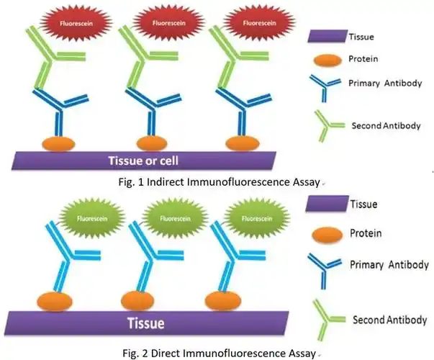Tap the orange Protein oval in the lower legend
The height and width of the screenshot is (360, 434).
(327, 235)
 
